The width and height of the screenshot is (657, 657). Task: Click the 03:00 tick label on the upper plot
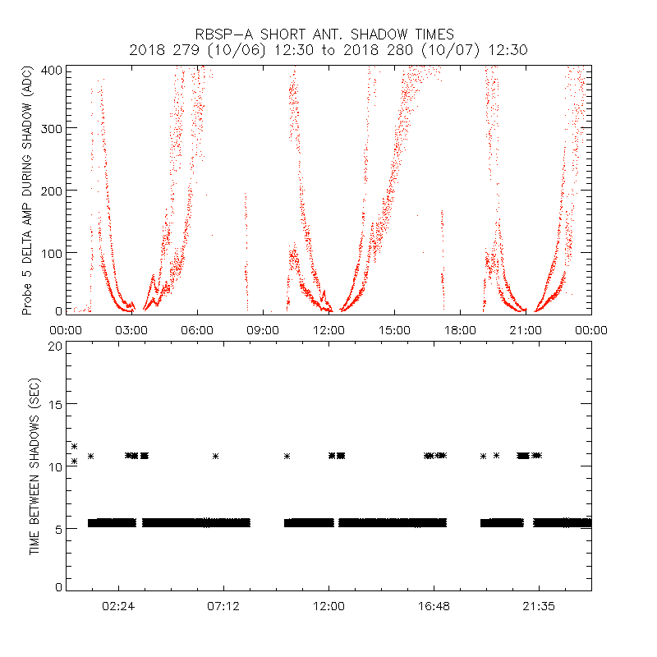click(x=131, y=330)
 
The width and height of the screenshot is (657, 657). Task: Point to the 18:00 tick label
click(x=460, y=330)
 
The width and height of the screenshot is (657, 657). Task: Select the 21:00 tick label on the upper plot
click(x=526, y=330)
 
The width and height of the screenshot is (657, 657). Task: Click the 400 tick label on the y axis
click(x=52, y=69)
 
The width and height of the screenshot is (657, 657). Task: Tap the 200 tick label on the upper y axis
click(x=52, y=191)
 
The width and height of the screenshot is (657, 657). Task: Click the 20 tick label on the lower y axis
click(x=55, y=346)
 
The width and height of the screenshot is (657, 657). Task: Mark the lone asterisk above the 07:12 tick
click(x=215, y=456)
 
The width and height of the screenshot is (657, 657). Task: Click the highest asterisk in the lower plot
click(x=74, y=446)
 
